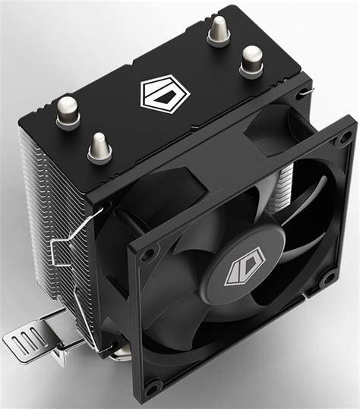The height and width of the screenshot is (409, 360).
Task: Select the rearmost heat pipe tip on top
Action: [x=219, y=31]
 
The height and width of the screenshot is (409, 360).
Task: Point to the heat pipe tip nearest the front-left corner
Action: [x=99, y=146]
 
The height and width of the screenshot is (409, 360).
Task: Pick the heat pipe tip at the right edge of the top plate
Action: [x=252, y=61]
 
